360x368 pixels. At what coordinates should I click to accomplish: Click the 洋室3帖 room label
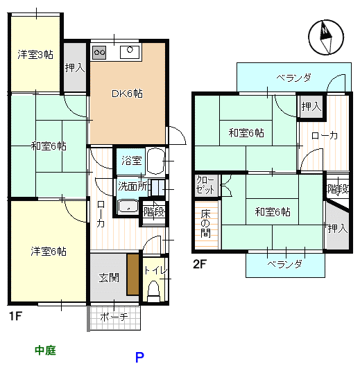(x=35, y=55)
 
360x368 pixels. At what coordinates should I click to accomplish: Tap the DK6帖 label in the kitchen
(x=127, y=94)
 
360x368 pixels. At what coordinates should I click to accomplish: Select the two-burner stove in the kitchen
(x=99, y=53)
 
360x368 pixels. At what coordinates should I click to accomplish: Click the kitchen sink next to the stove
(x=130, y=52)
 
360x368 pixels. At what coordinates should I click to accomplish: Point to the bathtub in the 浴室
(x=155, y=161)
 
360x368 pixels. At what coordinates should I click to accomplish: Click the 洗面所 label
(x=132, y=186)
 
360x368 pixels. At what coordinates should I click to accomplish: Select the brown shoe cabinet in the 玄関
(x=133, y=274)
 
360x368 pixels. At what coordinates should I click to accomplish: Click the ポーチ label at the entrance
(x=114, y=317)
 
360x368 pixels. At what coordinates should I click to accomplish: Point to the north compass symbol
(x=326, y=37)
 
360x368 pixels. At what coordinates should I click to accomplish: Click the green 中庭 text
(x=45, y=351)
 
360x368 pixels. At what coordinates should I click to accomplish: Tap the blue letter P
(x=139, y=357)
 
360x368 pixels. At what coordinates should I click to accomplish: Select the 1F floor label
(x=16, y=316)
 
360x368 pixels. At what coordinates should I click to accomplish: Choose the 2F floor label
(x=199, y=264)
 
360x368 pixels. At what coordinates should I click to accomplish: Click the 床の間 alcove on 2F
(x=207, y=225)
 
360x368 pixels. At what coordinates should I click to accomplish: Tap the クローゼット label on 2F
(x=205, y=186)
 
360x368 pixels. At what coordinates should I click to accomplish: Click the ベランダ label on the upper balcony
(x=294, y=78)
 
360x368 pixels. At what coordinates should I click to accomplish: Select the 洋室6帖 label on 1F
(x=49, y=252)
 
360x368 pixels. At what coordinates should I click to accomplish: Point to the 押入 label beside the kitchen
(x=75, y=68)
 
